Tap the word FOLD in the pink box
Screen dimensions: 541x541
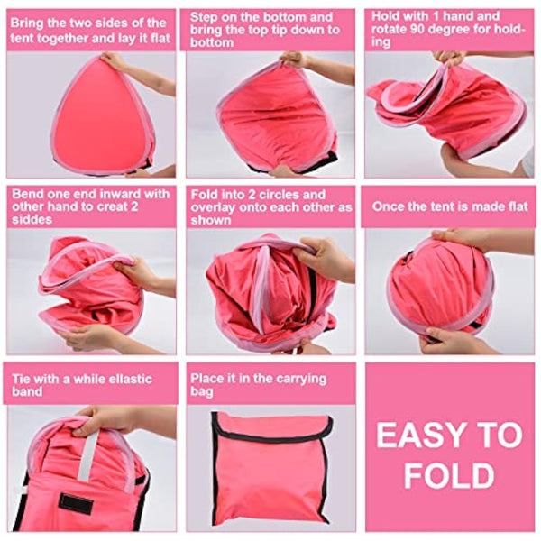coord(448,476)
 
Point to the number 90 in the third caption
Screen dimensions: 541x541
coord(445,30)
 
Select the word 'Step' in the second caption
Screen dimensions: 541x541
coord(206,17)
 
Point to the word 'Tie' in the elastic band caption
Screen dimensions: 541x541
coord(22,378)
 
